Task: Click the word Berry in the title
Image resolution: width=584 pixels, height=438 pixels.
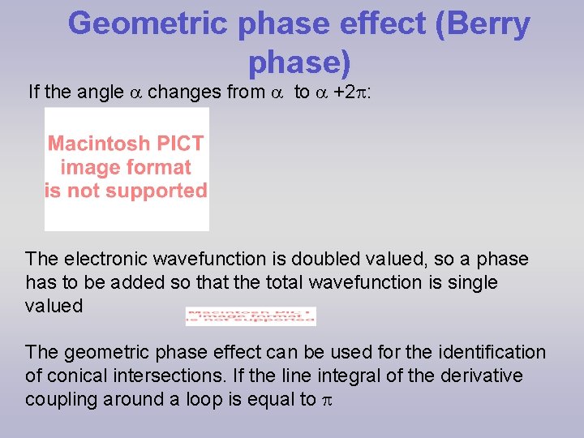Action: (483, 24)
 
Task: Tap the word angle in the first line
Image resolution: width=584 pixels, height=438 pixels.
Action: (101, 92)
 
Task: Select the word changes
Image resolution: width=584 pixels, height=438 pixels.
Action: (185, 92)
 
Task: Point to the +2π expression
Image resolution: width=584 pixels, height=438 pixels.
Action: (351, 92)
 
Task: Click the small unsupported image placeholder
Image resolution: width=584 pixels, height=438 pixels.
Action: (251, 316)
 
